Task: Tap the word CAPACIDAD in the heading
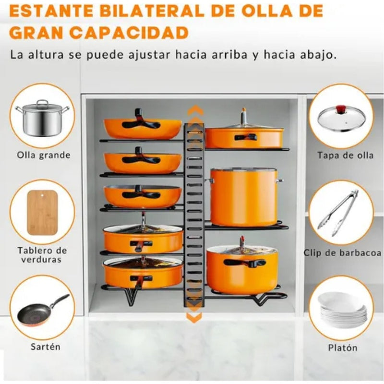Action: pyautogui.click(x=129, y=33)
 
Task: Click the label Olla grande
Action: pyautogui.click(x=44, y=155)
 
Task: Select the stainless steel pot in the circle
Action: pyautogui.click(x=42, y=118)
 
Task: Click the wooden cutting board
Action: pyautogui.click(x=42, y=213)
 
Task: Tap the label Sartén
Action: pyautogui.click(x=46, y=347)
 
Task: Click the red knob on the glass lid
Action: pyautogui.click(x=342, y=108)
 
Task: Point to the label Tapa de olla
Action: pyautogui.click(x=345, y=155)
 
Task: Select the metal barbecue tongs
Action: pyautogui.click(x=338, y=213)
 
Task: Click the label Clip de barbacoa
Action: pyautogui.click(x=342, y=253)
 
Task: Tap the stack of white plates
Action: pyautogui.click(x=343, y=311)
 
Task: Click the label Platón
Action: pyautogui.click(x=343, y=348)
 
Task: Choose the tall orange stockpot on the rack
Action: pyautogui.click(x=244, y=197)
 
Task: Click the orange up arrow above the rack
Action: pyautogui.click(x=195, y=110)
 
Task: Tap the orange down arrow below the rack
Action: pyautogui.click(x=194, y=317)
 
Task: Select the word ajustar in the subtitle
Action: pyautogui.click(x=149, y=55)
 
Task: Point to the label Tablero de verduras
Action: pyautogui.click(x=42, y=255)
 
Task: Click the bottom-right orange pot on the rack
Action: pyautogui.click(x=242, y=268)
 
